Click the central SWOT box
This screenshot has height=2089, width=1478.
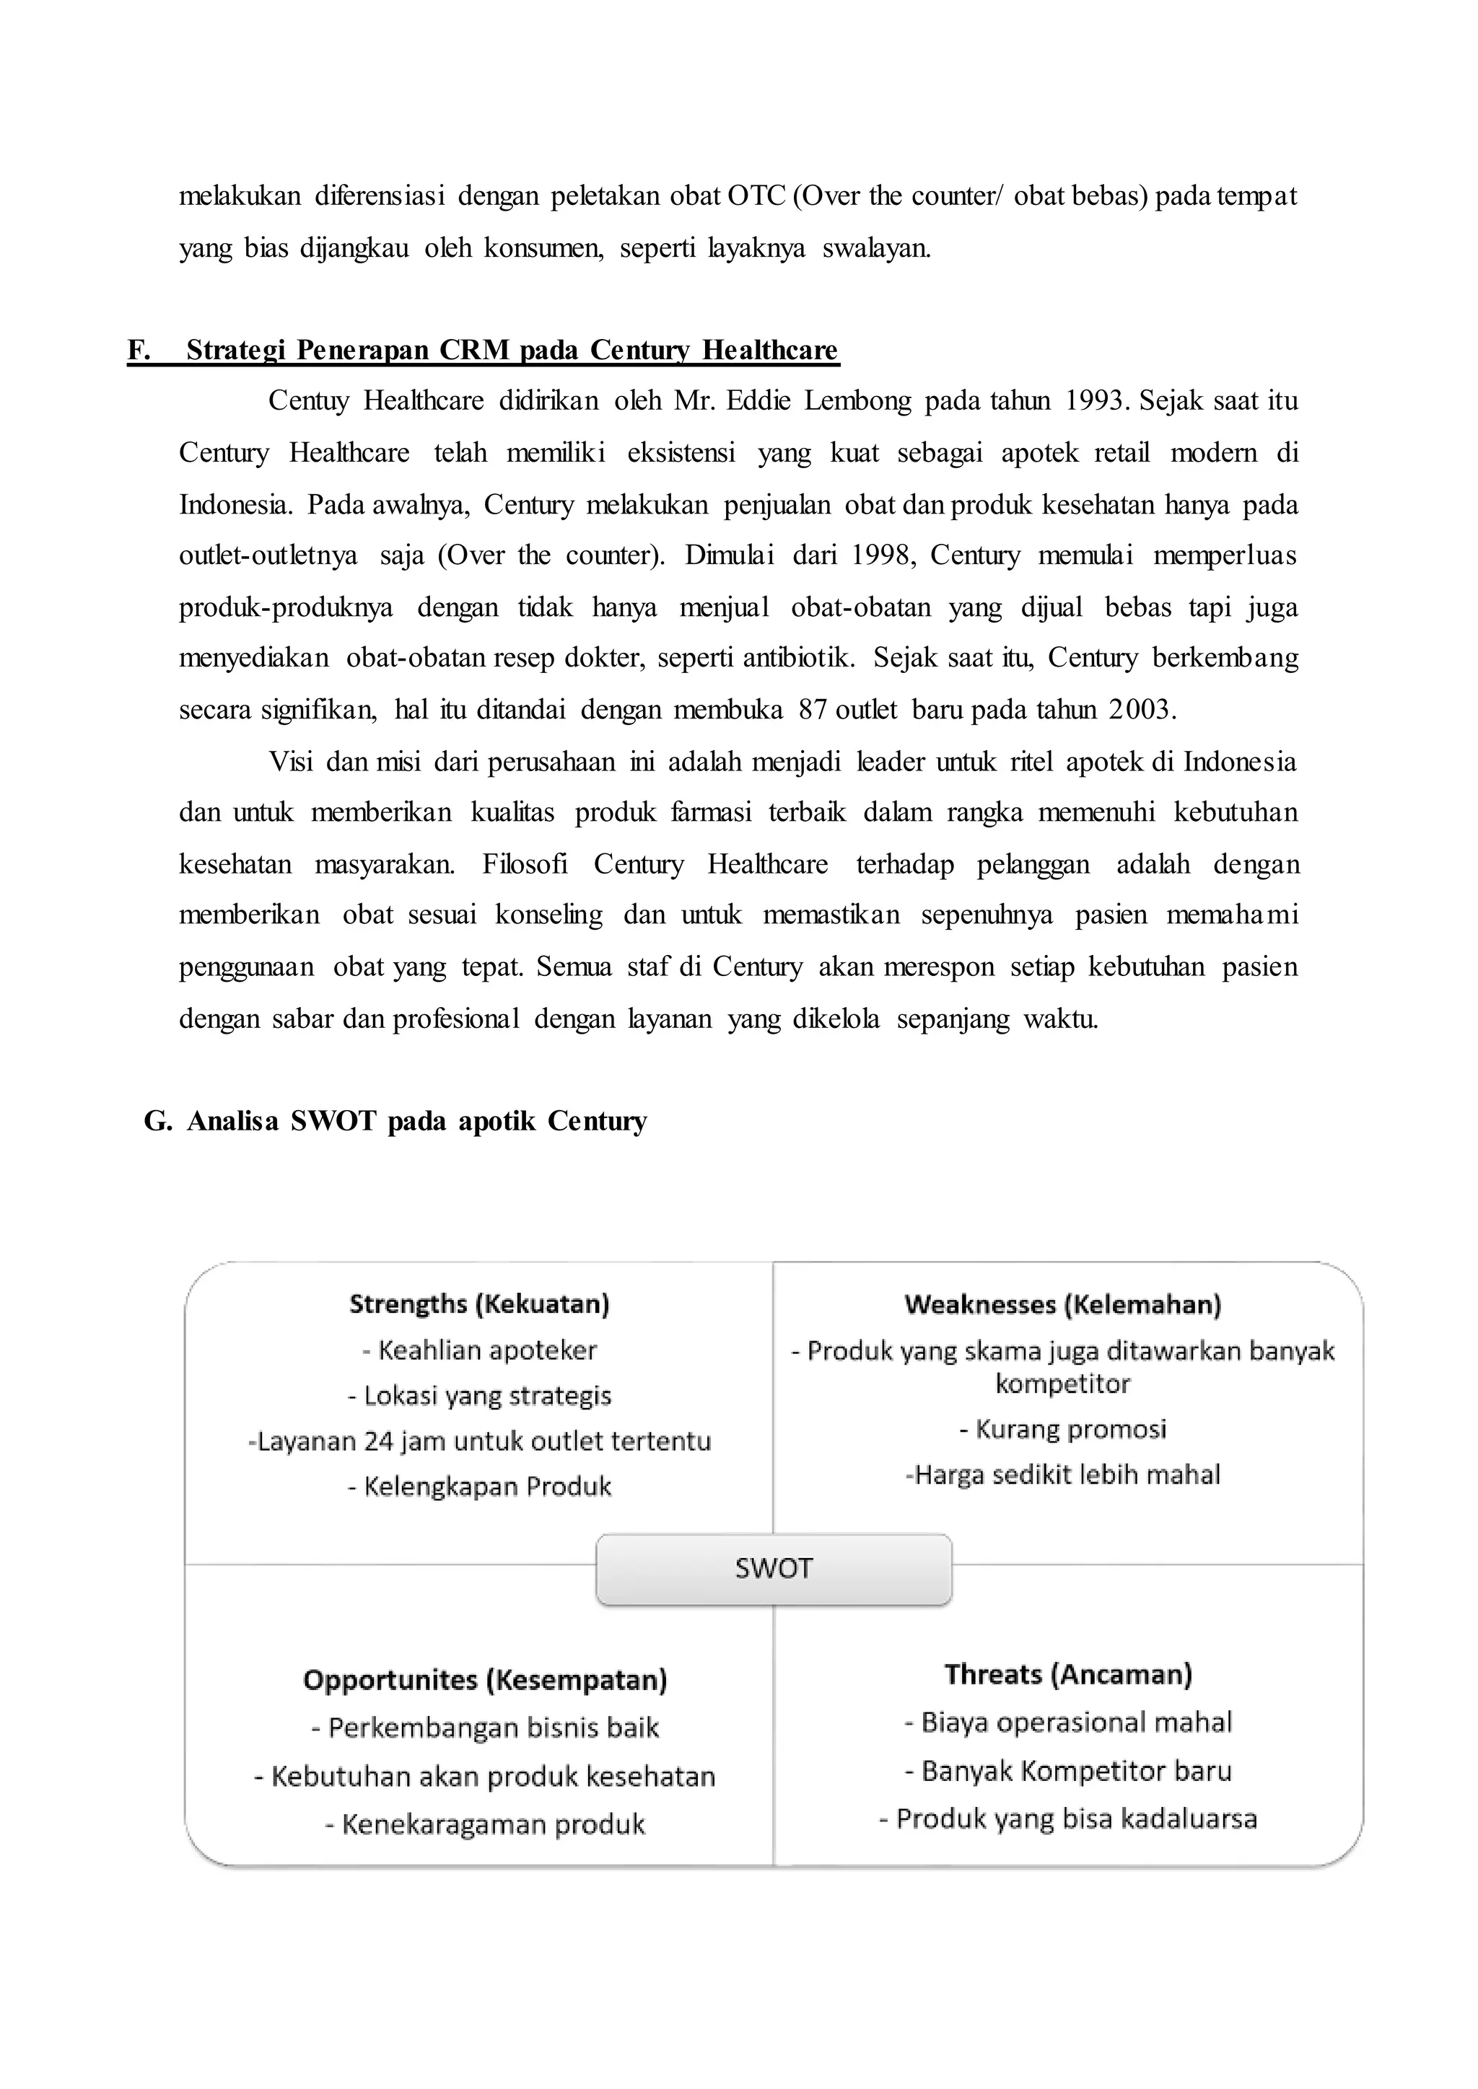pos(774,1569)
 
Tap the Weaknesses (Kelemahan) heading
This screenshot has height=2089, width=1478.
pos(1063,1303)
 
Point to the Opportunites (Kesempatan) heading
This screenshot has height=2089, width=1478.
pos(485,1679)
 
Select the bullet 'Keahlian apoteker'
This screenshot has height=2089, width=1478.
pos(480,1350)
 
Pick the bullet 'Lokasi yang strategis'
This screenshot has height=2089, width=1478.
pos(480,1396)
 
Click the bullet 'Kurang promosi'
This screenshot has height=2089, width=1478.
pos(1063,1430)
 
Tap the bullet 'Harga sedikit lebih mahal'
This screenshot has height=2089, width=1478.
pos(1063,1475)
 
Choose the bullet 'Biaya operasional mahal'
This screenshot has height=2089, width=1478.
pos(1069,1723)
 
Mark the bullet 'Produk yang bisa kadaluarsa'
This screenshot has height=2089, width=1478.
pos(1069,1818)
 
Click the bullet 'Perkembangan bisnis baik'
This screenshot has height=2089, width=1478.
pos(485,1728)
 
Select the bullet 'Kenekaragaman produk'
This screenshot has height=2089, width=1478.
pos(485,1824)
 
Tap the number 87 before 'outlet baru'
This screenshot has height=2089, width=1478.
pos(812,710)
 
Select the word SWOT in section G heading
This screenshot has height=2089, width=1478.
pos(333,1121)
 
